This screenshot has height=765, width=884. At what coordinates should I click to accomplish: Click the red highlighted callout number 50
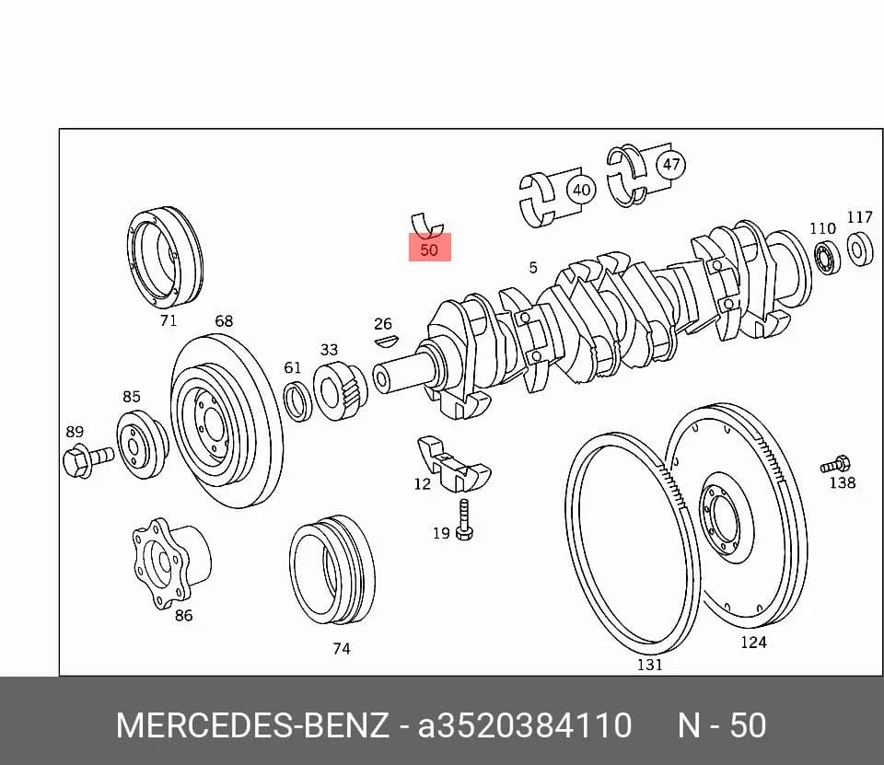(430, 249)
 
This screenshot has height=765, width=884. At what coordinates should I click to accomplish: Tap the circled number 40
(581, 190)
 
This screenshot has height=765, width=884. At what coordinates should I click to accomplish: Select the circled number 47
(671, 165)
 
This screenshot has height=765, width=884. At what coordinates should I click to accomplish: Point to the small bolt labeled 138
(835, 465)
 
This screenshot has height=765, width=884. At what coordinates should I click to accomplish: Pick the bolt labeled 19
(464, 519)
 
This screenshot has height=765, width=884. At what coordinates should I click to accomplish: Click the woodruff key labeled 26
(387, 341)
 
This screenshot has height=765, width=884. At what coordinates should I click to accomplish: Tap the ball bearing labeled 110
(828, 257)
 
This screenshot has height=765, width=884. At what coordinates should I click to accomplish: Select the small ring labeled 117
(860, 248)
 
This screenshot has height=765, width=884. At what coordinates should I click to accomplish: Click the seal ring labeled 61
(297, 400)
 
